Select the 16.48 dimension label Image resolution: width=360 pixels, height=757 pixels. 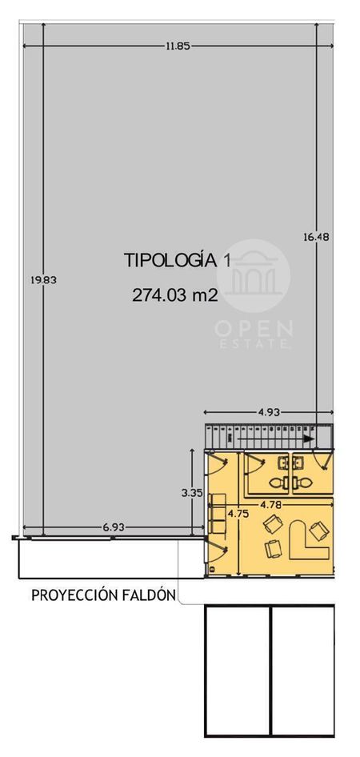[x=316, y=237]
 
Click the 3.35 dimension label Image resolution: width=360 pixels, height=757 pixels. [x=190, y=493]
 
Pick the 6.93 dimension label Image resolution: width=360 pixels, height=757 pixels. [x=113, y=527]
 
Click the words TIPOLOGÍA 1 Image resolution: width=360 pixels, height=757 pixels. [x=178, y=260]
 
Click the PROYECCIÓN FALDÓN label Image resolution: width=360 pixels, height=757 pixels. [x=103, y=595]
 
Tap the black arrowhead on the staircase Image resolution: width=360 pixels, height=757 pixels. [x=309, y=439]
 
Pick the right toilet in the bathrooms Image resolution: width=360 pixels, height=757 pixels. [x=302, y=482]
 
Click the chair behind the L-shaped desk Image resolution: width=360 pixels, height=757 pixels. [x=319, y=531]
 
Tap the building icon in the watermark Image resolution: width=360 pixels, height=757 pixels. [x=254, y=276]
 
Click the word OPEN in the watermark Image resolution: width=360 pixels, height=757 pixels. [x=254, y=329]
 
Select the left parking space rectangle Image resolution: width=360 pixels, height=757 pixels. [x=238, y=671]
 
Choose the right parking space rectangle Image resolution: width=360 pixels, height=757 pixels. [x=302, y=671]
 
